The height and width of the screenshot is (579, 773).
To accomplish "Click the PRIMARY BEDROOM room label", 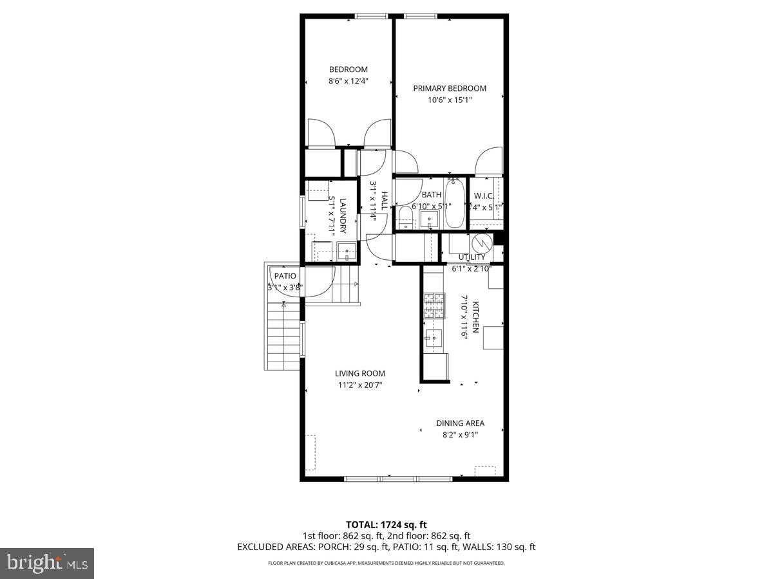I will (x=450, y=88).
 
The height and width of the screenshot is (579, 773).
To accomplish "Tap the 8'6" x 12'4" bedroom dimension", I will (x=348, y=81).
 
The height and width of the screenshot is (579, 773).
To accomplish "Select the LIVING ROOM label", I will (x=359, y=373).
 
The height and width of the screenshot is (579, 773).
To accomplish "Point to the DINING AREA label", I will (x=460, y=423).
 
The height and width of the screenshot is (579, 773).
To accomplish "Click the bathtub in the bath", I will (x=454, y=204).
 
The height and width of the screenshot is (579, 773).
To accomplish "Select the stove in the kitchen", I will (x=434, y=306).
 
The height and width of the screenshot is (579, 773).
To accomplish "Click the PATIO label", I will (x=285, y=276).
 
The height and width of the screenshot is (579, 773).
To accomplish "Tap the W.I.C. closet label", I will (x=483, y=196).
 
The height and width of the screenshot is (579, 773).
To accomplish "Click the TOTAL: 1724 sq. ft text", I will (x=386, y=525).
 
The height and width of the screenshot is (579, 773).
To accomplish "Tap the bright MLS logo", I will (x=47, y=564).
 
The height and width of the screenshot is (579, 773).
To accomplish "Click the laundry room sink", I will (x=347, y=252).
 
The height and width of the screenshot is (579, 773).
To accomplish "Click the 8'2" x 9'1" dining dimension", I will (x=460, y=435).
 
